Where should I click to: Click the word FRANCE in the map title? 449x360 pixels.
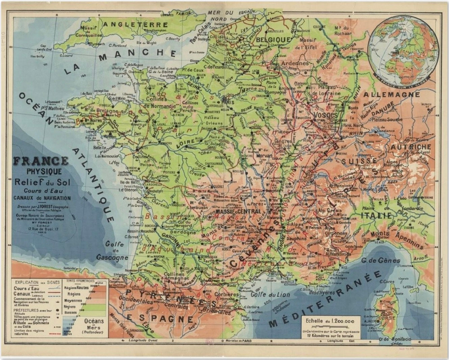[x=41, y=160]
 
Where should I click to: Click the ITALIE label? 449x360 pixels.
[x=376, y=215]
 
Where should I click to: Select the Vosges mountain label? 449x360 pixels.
[x=325, y=115]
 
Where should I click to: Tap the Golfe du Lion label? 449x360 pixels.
[x=270, y=294]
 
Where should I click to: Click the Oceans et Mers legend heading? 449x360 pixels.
[x=94, y=324]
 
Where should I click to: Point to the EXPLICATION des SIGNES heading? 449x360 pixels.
[x=37, y=282]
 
